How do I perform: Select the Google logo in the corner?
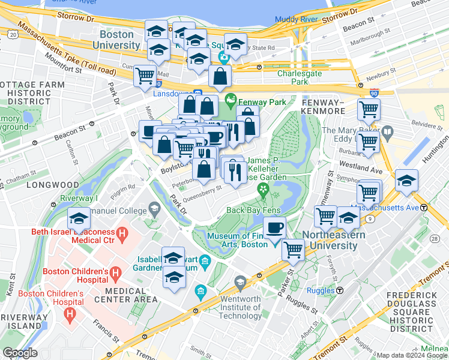pos(20,353)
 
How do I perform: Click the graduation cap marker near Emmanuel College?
pos(79,219)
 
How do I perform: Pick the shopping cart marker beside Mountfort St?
pos(145,76)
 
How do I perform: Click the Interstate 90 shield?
pos(375,94)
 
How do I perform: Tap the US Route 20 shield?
pos(13,36)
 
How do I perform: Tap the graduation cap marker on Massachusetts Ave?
pos(406,181)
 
